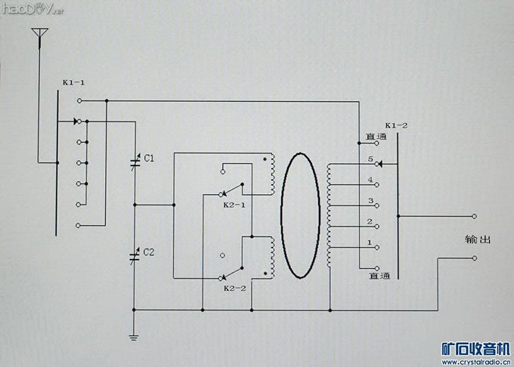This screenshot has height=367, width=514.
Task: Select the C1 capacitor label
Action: (149, 159)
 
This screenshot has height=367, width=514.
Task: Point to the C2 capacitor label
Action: (149, 251)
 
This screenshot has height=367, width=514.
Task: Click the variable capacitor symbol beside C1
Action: (135, 161)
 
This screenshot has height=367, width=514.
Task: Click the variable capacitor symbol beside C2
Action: (135, 254)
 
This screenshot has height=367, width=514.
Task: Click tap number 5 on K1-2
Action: (370, 159)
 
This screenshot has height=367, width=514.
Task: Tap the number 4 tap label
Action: (370, 180)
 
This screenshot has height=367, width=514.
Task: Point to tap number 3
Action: (370, 201)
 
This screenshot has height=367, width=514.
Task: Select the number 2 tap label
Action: (370, 222)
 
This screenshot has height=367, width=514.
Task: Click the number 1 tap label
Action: (369, 242)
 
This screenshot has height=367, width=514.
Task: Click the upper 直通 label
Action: (376, 137)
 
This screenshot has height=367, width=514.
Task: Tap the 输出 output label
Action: (478, 240)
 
